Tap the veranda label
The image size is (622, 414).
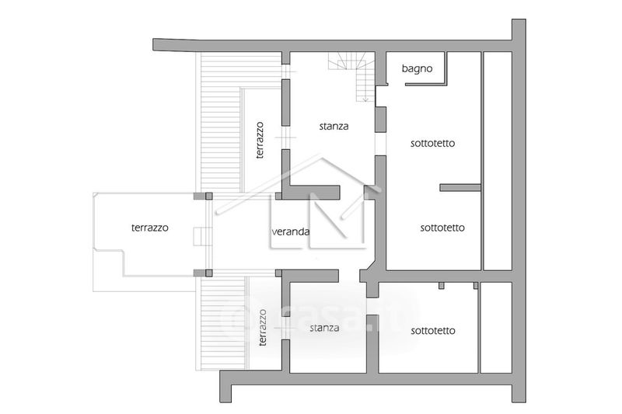[x=292, y=231]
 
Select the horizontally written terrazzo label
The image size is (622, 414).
[x=150, y=228]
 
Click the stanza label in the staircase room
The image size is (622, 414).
[x=334, y=125]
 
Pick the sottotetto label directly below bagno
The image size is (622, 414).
[x=432, y=143]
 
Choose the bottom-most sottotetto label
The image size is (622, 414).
[x=432, y=330]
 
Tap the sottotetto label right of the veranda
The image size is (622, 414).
[x=442, y=228]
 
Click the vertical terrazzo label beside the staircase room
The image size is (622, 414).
[x=260, y=140]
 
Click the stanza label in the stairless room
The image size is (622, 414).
[x=323, y=328]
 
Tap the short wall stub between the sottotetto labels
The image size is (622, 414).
[x=460, y=187]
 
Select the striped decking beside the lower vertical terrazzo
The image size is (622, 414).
[x=222, y=322]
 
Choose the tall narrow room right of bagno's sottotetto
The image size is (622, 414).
[x=498, y=161]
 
